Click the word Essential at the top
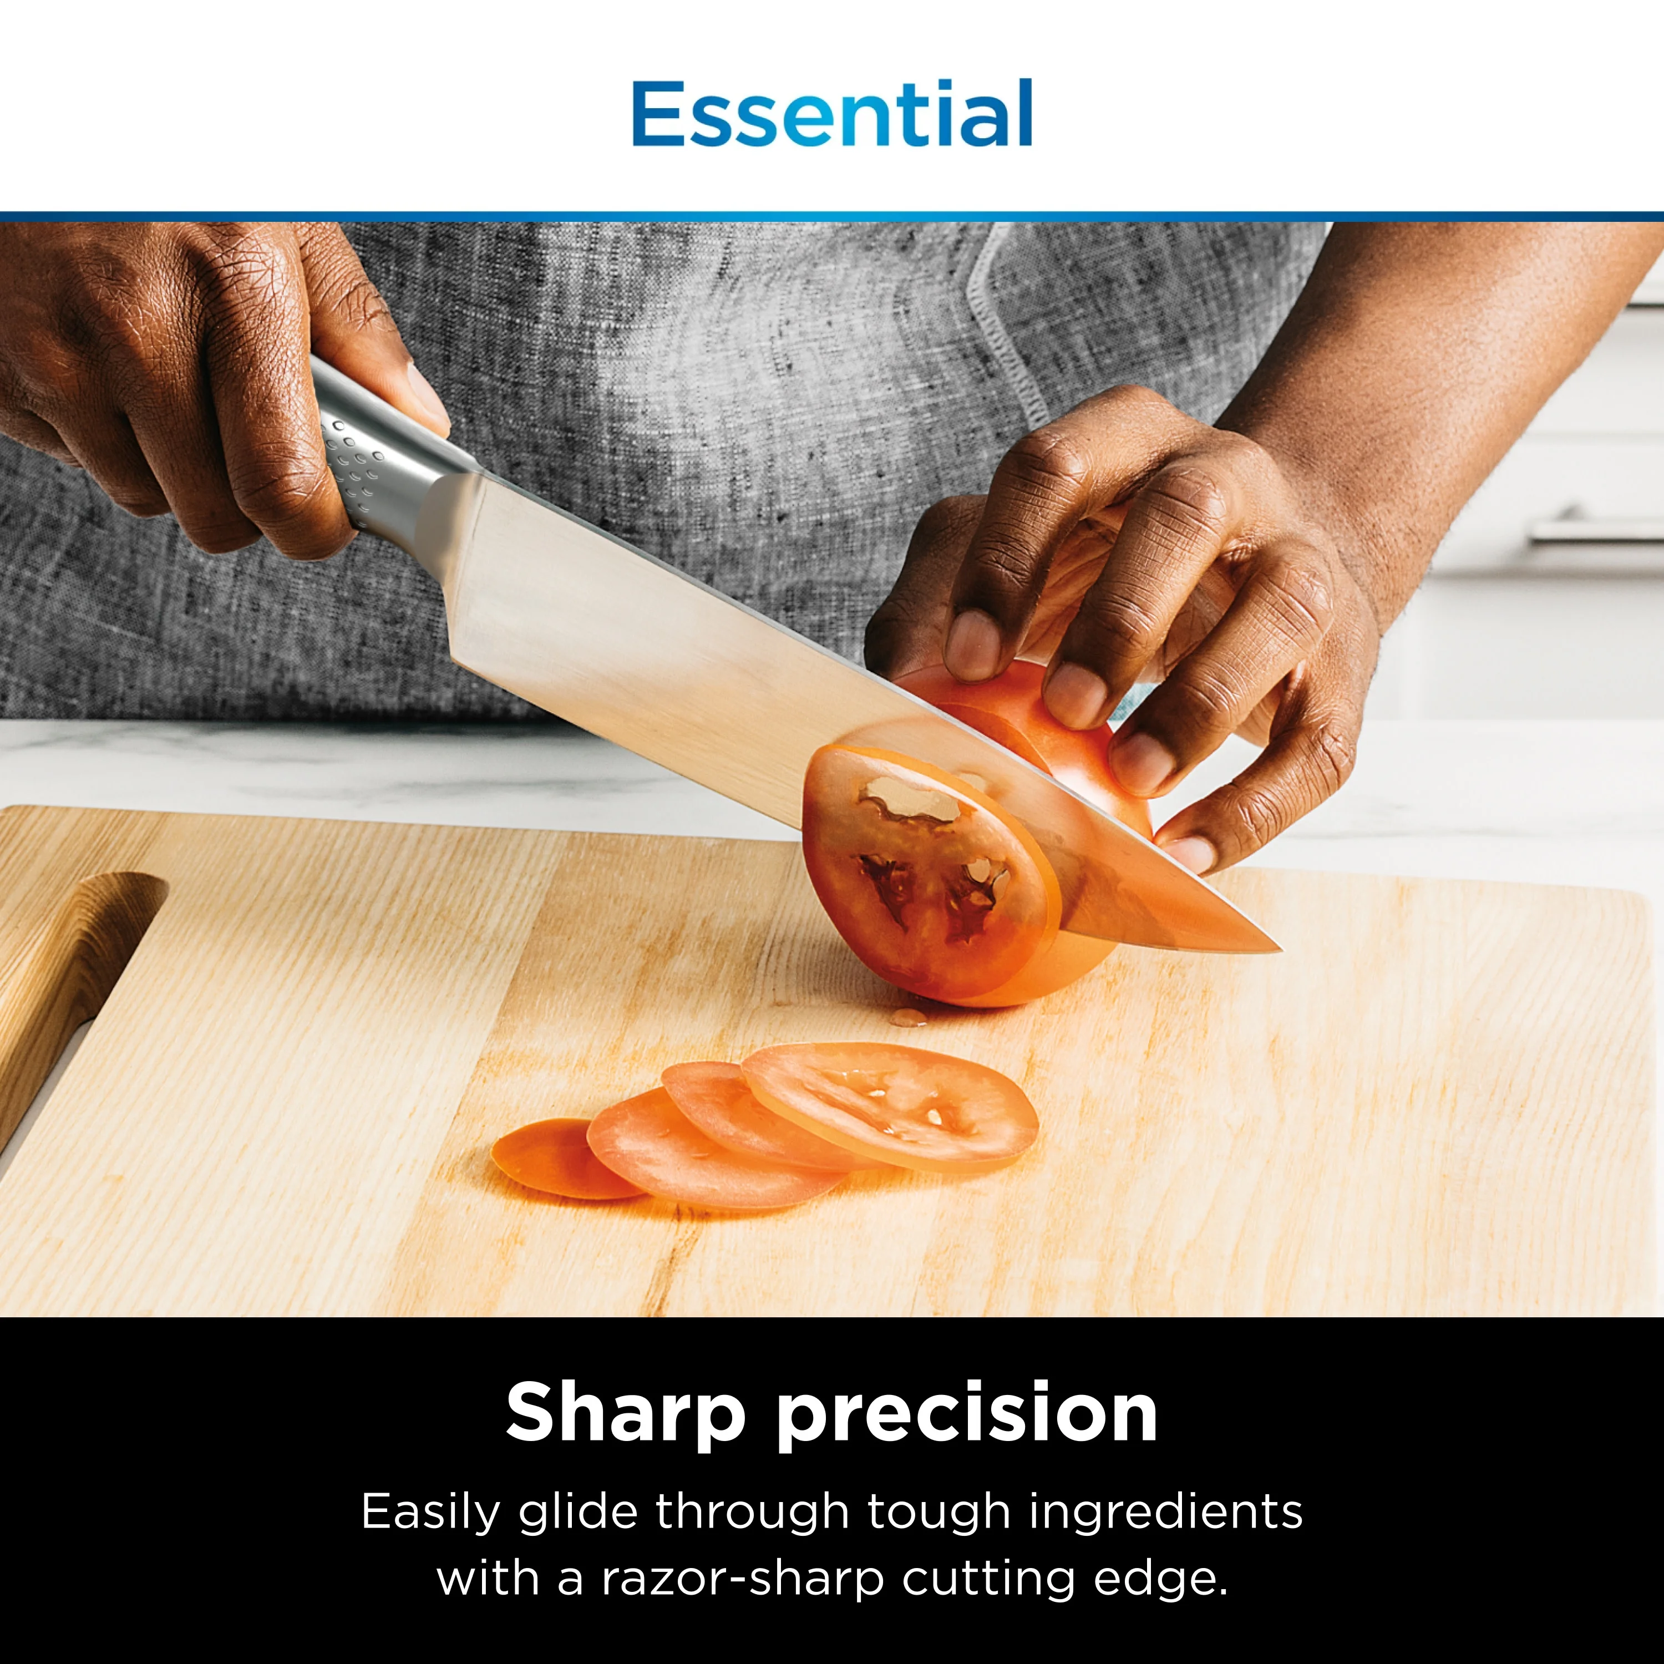point(832,114)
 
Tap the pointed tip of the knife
point(1277,948)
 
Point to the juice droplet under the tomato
point(908,1017)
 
